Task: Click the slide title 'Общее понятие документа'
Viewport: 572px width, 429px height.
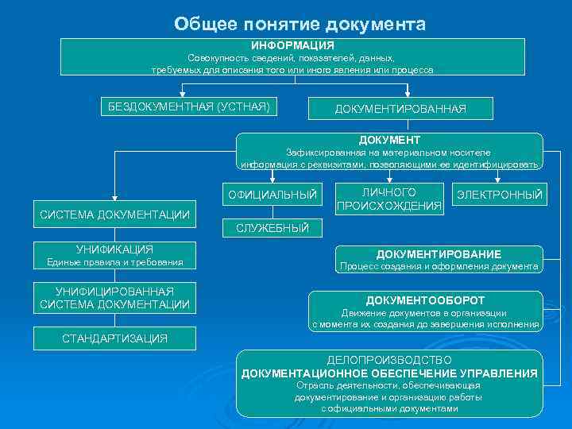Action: click(x=300, y=24)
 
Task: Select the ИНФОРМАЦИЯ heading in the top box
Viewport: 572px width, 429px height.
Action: click(x=292, y=46)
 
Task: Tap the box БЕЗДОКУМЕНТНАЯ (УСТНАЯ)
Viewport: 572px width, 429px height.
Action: click(x=188, y=106)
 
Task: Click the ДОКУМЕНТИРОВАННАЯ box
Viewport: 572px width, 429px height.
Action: click(x=400, y=108)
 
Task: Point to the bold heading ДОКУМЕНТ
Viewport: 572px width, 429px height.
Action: click(x=389, y=140)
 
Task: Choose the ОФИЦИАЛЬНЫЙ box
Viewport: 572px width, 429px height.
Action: click(x=272, y=195)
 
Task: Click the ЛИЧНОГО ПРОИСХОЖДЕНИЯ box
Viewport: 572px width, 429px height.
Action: click(x=389, y=199)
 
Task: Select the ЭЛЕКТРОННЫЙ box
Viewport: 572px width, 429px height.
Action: click(x=499, y=195)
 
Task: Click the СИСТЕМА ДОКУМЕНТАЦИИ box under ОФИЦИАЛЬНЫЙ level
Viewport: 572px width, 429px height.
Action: click(x=114, y=214)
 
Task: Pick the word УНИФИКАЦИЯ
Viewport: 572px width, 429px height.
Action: click(x=114, y=249)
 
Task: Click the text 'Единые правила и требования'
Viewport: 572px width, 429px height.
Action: click(x=114, y=262)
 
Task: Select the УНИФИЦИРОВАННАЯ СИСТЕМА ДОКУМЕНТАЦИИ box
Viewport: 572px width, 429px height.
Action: click(x=114, y=298)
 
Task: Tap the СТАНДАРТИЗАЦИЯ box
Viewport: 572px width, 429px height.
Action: click(x=114, y=338)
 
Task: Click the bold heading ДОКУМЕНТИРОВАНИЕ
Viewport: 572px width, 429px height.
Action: click(x=439, y=254)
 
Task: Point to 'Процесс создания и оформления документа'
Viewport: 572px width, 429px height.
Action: click(x=439, y=267)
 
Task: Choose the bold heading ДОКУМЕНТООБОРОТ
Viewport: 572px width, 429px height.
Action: click(x=424, y=300)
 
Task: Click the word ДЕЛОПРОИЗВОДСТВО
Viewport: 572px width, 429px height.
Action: click(x=389, y=360)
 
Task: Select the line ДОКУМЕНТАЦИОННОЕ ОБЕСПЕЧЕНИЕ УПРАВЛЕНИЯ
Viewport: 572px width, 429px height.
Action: click(x=389, y=373)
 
